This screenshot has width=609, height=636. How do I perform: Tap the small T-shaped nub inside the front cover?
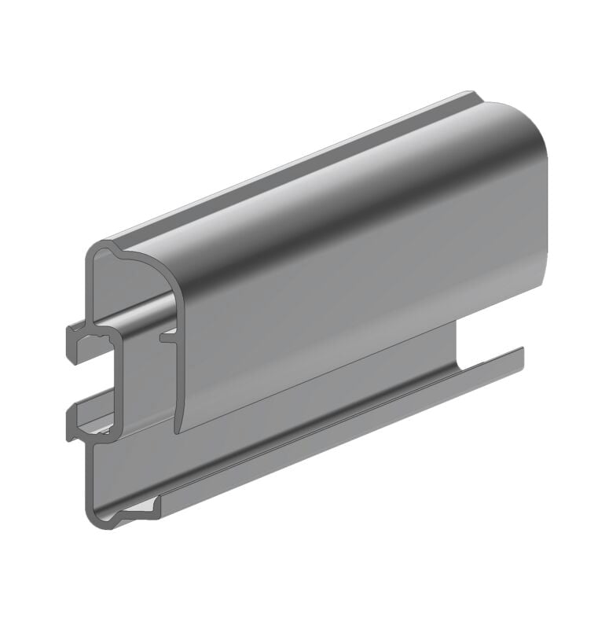(167, 337)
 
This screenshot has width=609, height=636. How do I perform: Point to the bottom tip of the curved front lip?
(178, 428)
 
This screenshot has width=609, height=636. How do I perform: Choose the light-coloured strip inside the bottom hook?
(141, 512)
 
